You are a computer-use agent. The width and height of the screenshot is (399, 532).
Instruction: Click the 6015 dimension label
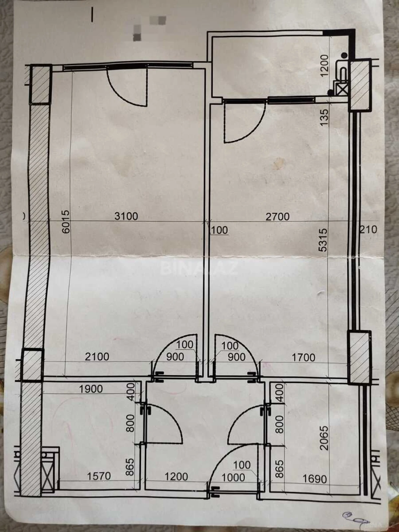pos(66,221)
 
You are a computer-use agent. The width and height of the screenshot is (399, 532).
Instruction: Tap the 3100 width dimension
pos(126,216)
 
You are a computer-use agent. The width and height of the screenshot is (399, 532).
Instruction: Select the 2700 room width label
pos(277,217)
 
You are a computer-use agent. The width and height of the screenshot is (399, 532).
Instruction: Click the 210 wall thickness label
pos(368,229)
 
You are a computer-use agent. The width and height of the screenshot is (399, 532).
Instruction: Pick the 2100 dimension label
pos(97,357)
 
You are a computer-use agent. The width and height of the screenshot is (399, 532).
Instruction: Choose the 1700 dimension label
pos(303,357)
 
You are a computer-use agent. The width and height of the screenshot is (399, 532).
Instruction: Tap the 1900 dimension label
pos(91,389)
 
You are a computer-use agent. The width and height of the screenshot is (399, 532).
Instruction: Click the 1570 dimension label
pos(99,476)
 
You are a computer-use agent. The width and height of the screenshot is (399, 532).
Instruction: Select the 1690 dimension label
pos(315,479)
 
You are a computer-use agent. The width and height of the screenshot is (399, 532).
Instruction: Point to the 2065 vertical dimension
pos(323,438)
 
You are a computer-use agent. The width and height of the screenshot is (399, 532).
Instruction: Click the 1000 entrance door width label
pos(233,477)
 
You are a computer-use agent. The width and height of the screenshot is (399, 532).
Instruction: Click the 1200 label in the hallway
pos(176,476)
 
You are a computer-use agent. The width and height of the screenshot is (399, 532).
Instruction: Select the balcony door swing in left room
pos(128,86)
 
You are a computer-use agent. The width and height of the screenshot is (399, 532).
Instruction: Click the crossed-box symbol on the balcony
pos(341,89)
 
